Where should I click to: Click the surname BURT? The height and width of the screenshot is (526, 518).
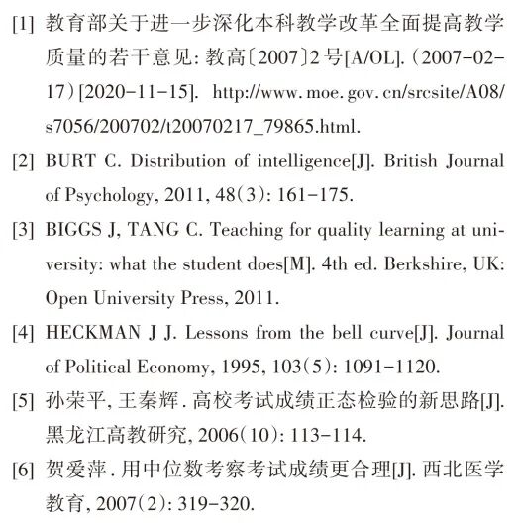coord(69,161)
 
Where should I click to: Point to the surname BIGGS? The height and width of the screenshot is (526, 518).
coord(72,232)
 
